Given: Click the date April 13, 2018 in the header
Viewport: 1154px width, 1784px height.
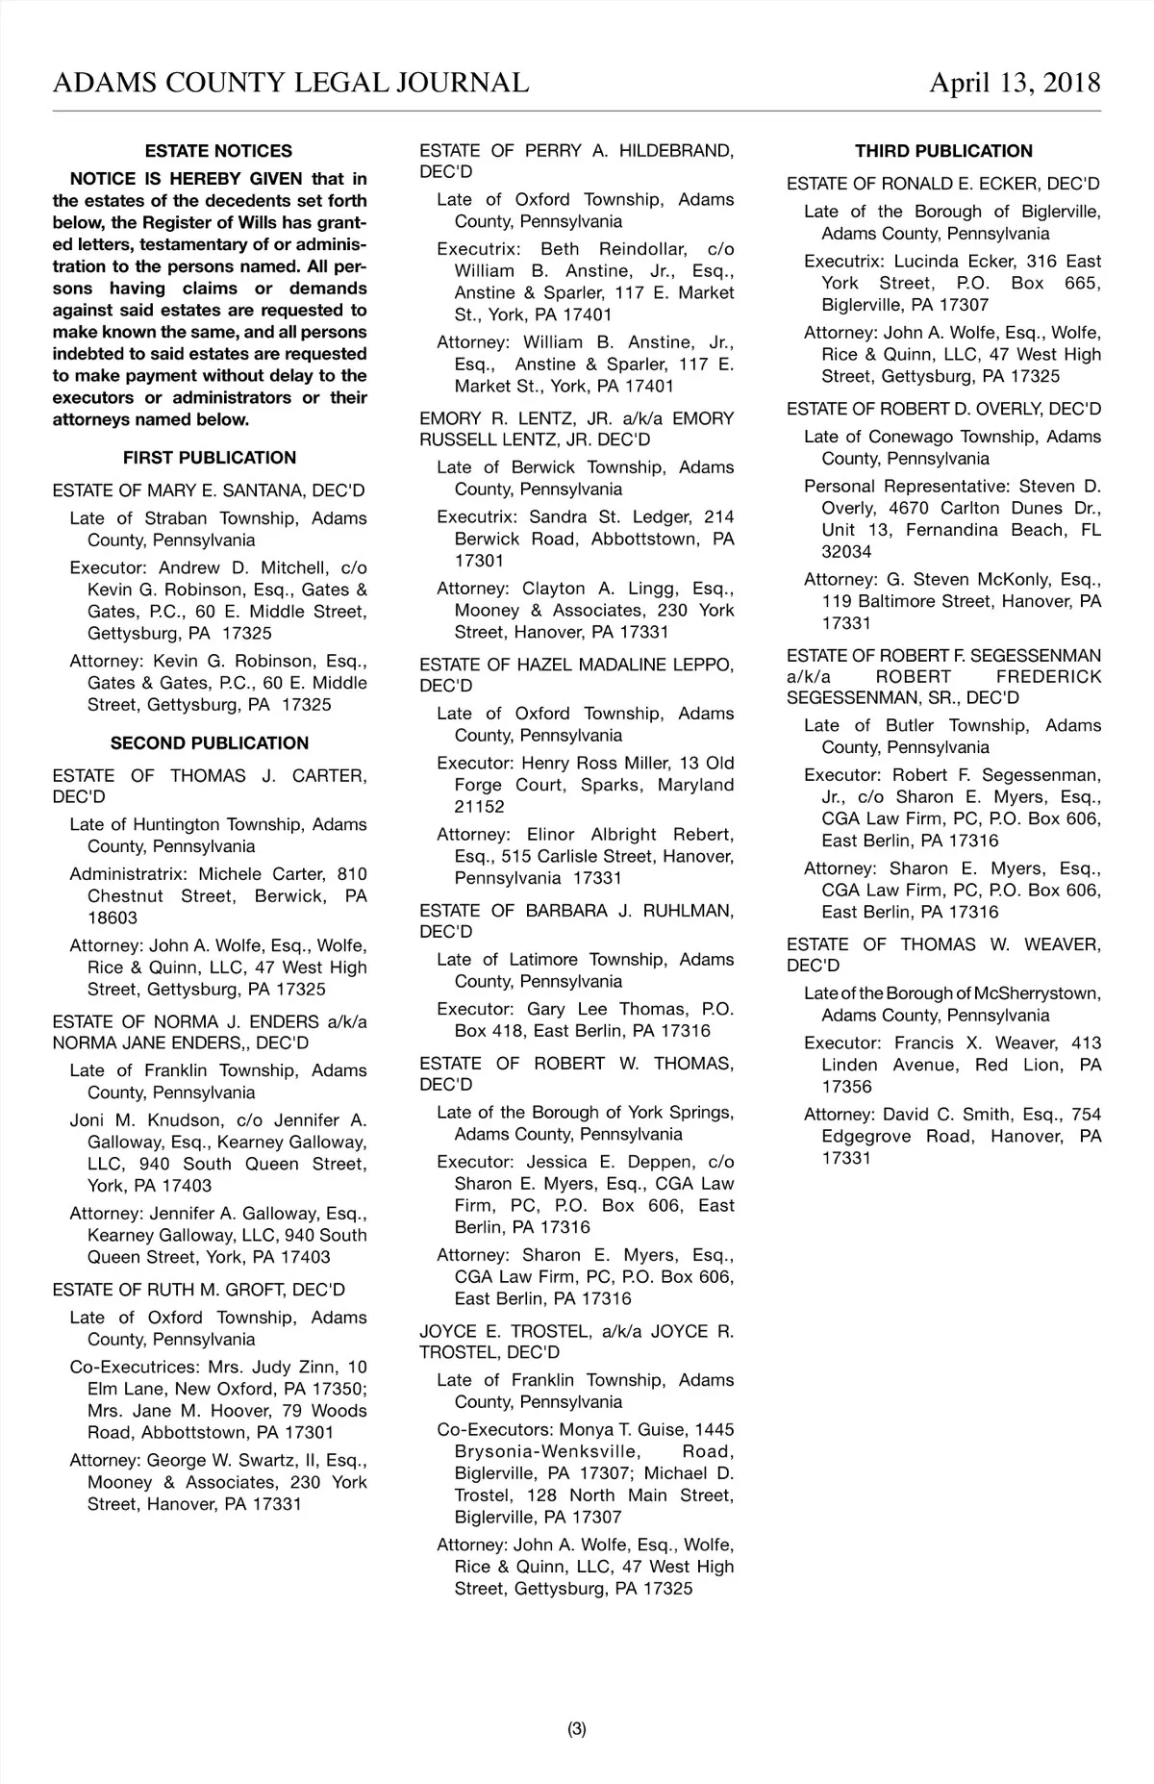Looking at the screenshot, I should [1014, 83].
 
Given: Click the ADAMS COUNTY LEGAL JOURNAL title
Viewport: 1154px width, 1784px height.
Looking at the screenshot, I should [290, 83].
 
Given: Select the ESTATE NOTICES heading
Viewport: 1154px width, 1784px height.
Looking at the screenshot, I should [218, 151].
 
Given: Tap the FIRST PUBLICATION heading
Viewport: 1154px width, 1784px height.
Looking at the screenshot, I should [210, 458].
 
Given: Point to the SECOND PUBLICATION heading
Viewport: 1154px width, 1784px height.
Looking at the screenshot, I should [210, 743].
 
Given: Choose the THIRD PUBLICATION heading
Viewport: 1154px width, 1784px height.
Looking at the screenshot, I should [943, 151].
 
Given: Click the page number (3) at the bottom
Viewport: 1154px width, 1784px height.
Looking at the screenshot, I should [576, 1729].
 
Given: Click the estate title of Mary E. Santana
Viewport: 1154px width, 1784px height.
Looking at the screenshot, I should [209, 490].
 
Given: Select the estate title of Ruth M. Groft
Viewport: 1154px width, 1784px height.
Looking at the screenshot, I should [199, 1290].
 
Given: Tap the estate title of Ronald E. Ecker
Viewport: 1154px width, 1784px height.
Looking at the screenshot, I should [942, 184].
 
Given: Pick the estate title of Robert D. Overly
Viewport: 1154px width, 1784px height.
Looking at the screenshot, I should [943, 409].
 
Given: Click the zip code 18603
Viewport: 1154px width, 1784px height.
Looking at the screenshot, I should [113, 918].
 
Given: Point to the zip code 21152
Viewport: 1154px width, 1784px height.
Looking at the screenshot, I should [479, 807].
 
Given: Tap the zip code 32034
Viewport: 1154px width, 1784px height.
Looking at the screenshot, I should [846, 552].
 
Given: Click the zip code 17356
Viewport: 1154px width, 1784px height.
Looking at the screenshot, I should [846, 1087].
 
